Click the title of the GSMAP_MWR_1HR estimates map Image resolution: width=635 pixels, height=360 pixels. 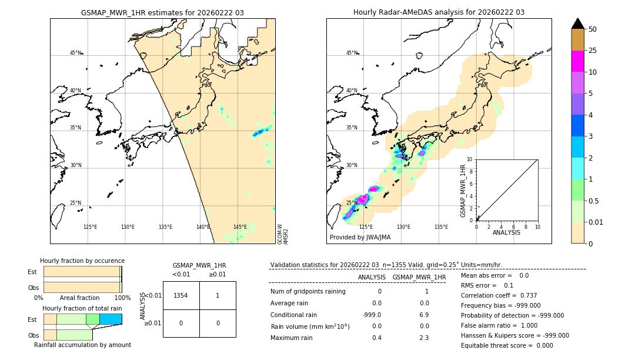pyautogui.click(x=162, y=12)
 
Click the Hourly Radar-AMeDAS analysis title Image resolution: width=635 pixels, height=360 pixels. pyautogui.click(x=439, y=12)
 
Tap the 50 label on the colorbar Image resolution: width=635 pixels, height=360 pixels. pyautogui.click(x=593, y=29)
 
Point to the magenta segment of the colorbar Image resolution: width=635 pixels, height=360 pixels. pyautogui.click(x=577, y=61)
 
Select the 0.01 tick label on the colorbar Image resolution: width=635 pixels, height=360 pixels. pyautogui.click(x=596, y=222)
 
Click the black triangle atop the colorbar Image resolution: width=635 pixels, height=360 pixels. pyautogui.click(x=577, y=24)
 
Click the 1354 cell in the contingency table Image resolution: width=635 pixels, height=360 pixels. pyautogui.click(x=181, y=295)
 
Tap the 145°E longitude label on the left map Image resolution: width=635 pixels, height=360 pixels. pyautogui.click(x=240, y=227)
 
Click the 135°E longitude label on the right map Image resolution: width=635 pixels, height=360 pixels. pyautogui.click(x=441, y=227)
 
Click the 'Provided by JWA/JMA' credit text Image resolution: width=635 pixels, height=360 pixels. pyautogui.click(x=360, y=237)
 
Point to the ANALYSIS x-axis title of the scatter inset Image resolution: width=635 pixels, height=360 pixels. pyautogui.click(x=506, y=232)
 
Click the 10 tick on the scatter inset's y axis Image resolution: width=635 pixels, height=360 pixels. pyautogui.click(x=469, y=159)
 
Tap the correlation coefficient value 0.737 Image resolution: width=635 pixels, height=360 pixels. pyautogui.click(x=524, y=295)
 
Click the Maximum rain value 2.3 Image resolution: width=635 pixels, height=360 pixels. pyautogui.click(x=423, y=338)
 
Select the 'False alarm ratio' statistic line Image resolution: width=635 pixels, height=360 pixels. pyautogui.click(x=503, y=325)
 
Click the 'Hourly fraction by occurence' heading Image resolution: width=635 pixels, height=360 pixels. pyautogui.click(x=82, y=261)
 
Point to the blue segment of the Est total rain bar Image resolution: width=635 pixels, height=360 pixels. pyautogui.click(x=111, y=319)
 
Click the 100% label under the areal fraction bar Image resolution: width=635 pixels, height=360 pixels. pyautogui.click(x=122, y=298)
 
